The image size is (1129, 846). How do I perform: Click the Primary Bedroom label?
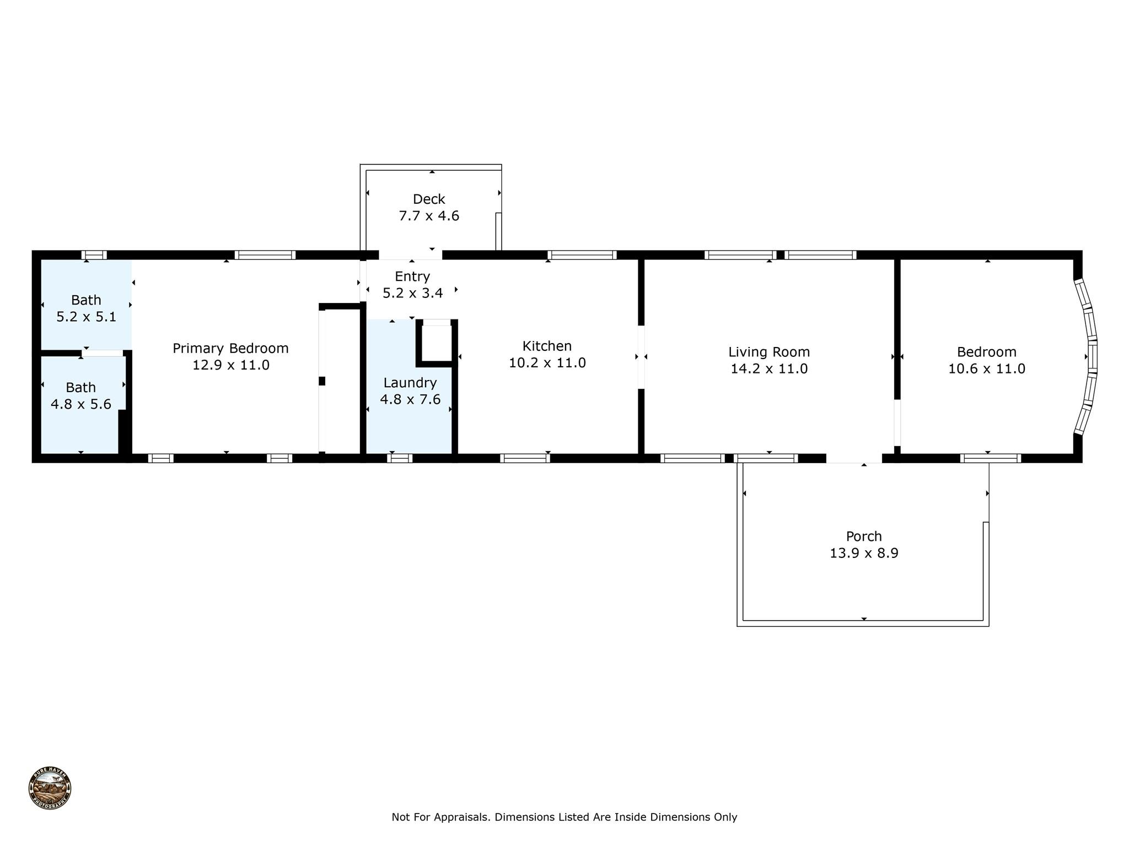pyautogui.click(x=230, y=348)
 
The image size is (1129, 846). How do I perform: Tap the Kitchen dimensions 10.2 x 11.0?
pyautogui.click(x=547, y=363)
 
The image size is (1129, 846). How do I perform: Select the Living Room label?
pyautogui.click(x=769, y=352)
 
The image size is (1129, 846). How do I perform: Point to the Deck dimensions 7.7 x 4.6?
pyautogui.click(x=429, y=216)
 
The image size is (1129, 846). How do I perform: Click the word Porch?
pyautogui.click(x=864, y=536)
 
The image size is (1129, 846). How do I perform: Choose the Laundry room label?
pyautogui.click(x=410, y=383)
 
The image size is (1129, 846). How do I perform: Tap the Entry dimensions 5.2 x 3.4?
pyautogui.click(x=413, y=293)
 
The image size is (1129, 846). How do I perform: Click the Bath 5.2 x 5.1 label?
pyautogui.click(x=87, y=308)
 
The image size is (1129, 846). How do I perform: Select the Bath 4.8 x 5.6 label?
pyautogui.click(x=81, y=395)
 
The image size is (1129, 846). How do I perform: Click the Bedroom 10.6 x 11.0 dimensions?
pyautogui.click(x=986, y=369)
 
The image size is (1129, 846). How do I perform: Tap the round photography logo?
pyautogui.click(x=50, y=788)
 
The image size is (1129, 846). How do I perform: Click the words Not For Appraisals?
pyautogui.click(x=440, y=817)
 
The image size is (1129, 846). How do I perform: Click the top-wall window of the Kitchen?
pyautogui.click(x=582, y=255)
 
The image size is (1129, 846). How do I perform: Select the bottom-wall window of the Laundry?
pyautogui.click(x=400, y=458)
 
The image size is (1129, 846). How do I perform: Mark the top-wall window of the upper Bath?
pyautogui.click(x=94, y=255)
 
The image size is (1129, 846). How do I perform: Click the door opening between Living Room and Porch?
pyautogui.click(x=853, y=459)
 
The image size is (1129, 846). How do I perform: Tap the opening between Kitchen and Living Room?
pyautogui.click(x=641, y=357)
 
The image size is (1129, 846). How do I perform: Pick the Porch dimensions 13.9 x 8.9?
pyautogui.click(x=864, y=553)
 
